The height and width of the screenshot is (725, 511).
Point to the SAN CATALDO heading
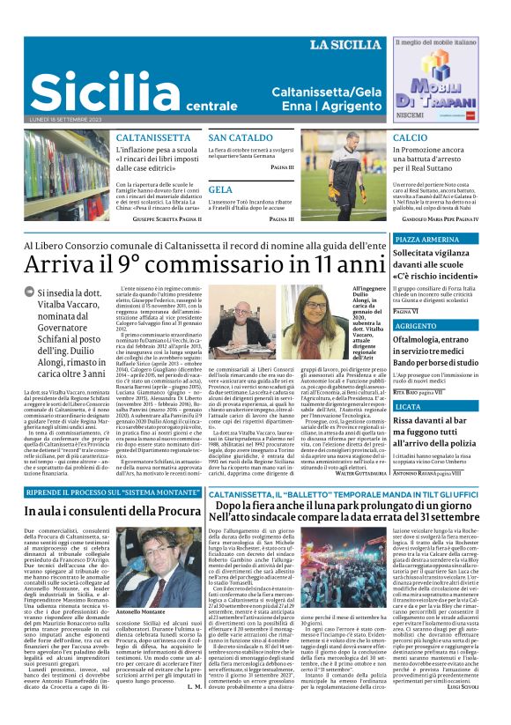[x=240, y=138]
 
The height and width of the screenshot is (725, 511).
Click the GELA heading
[x=220, y=189]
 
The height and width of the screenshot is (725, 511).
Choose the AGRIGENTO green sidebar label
[x=415, y=326]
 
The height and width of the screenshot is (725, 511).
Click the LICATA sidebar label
[x=408, y=407]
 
